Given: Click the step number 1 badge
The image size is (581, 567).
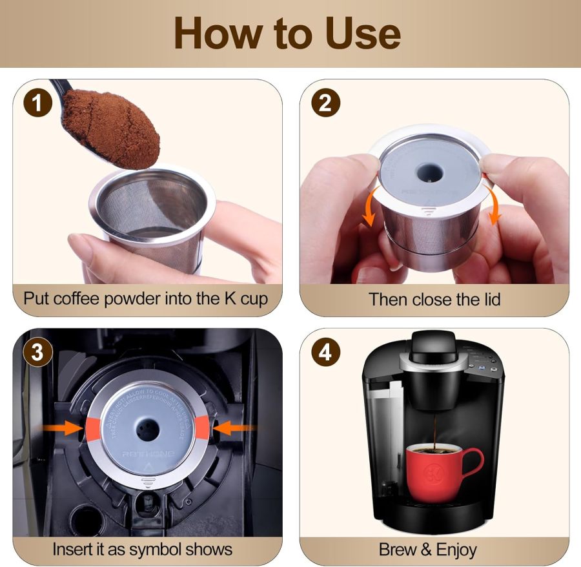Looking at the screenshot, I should [x=37, y=103].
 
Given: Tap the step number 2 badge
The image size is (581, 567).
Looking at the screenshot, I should [x=325, y=103].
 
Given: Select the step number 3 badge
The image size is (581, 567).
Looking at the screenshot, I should [x=37, y=352].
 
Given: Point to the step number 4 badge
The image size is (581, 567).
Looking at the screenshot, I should [x=325, y=352].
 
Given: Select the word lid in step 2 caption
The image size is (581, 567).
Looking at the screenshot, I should [x=487, y=299].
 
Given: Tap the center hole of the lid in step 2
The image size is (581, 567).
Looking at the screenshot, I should [x=427, y=170].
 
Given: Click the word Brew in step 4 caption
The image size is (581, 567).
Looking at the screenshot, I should [x=398, y=550].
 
